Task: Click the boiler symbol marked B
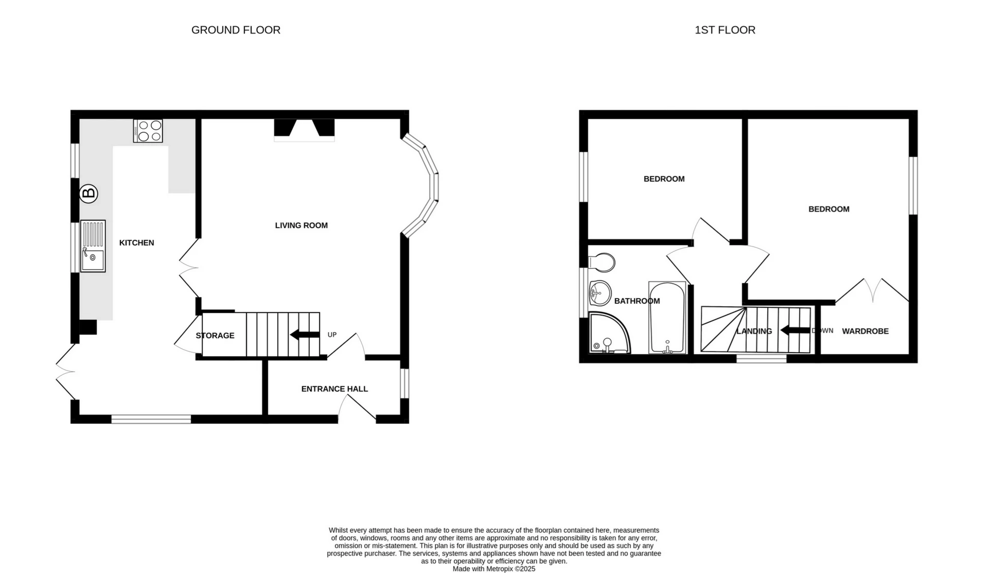point(89,194)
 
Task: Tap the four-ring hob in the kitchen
point(148,130)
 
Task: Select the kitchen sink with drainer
point(93,246)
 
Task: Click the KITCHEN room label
point(136,242)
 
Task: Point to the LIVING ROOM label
point(301,225)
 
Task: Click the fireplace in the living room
point(304,129)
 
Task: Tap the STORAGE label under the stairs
point(215,335)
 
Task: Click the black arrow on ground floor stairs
point(305,335)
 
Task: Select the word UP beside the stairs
point(332,335)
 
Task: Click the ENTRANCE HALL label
point(334,389)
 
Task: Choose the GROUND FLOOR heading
point(236,30)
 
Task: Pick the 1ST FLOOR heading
point(725,30)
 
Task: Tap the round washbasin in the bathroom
point(599,293)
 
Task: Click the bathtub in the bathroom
point(667,318)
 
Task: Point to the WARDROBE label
point(865,331)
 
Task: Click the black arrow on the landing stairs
point(795,331)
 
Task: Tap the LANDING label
point(754,331)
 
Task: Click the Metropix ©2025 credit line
point(493,569)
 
